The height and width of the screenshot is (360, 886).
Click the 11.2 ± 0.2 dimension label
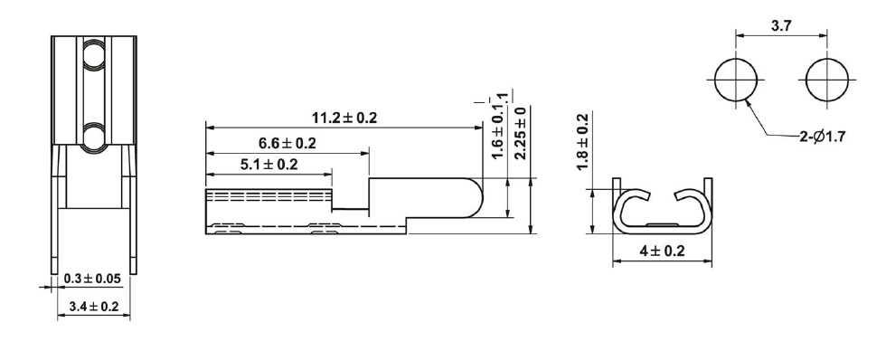344,118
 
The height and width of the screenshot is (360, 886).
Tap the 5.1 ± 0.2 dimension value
269,165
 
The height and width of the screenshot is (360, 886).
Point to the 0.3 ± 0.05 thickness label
92,279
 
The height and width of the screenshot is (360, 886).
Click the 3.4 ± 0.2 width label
94,307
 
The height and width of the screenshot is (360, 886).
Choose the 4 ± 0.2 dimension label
662,251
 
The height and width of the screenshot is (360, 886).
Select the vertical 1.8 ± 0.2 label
581,142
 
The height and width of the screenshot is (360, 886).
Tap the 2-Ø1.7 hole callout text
822,137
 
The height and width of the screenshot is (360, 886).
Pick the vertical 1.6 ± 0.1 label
498,128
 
